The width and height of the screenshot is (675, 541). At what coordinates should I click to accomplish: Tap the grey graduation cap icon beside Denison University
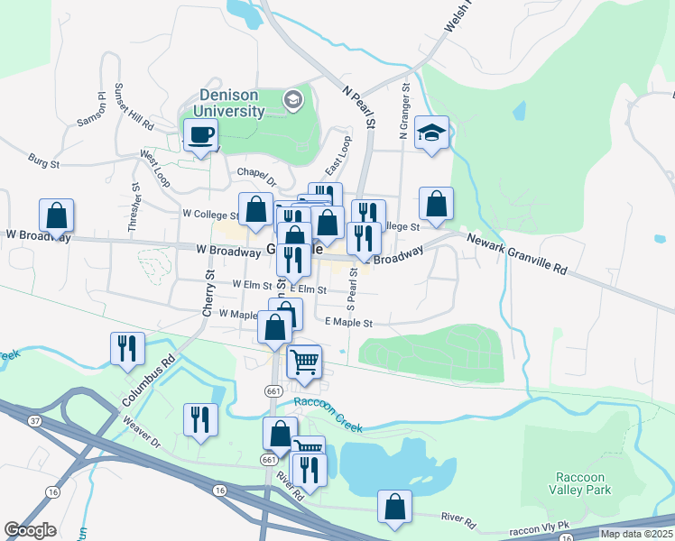[292, 99]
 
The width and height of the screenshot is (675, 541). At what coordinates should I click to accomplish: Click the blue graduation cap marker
[432, 134]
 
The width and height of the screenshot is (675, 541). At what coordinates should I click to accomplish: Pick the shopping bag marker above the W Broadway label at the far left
[56, 216]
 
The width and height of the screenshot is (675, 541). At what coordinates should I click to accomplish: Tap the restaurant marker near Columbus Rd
[127, 347]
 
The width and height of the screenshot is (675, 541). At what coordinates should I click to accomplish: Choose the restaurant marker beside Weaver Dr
[199, 419]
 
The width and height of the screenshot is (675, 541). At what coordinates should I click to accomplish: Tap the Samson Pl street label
[92, 108]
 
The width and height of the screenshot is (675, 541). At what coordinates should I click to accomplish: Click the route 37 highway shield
[35, 420]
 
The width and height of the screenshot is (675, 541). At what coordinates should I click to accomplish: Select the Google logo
[30, 530]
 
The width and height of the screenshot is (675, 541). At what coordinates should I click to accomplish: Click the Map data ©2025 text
[635, 534]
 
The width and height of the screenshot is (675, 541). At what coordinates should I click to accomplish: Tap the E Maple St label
[347, 322]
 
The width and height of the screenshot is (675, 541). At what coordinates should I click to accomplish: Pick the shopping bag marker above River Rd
[394, 508]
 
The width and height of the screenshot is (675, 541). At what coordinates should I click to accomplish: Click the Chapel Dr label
[254, 172]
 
